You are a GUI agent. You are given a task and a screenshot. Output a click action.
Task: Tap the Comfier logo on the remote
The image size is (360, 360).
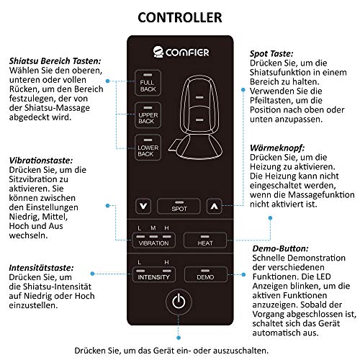[179, 52]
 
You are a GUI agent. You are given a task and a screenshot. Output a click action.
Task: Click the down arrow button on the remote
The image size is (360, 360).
[146, 205]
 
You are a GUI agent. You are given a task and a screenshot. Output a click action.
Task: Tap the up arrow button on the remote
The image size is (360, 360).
[212, 205]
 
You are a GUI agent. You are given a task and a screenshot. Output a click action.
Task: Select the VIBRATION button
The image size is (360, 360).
[153, 240]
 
